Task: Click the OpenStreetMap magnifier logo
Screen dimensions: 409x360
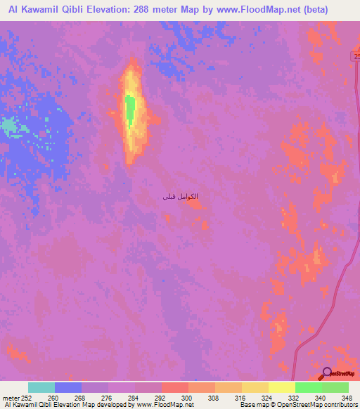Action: (x=327, y=373)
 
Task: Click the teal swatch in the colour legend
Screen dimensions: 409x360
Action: (x=41, y=387)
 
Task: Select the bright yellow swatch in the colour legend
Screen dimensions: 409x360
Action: (x=281, y=387)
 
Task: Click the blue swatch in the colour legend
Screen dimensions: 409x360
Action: (x=68, y=387)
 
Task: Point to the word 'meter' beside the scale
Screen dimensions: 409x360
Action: (x=12, y=397)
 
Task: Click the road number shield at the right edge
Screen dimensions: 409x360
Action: (x=356, y=56)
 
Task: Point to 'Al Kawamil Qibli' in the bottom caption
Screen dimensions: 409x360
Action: (x=32, y=405)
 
